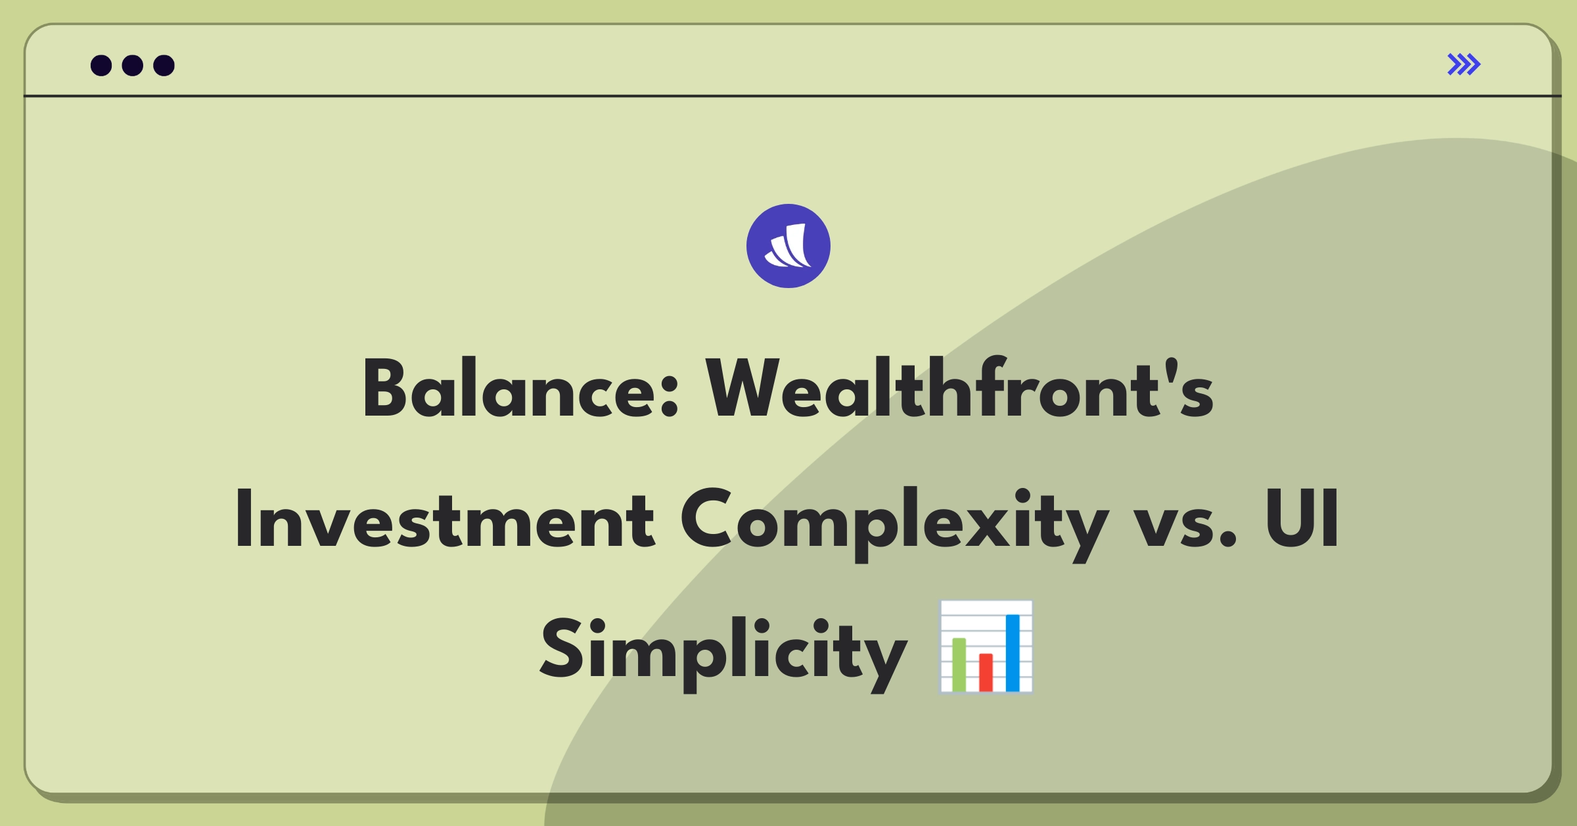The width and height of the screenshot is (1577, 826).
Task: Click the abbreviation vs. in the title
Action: [1186, 526]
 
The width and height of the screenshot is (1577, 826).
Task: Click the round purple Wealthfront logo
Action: [788, 246]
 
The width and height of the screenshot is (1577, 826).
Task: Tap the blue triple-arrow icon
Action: [1464, 64]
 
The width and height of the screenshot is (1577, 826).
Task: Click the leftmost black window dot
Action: [101, 65]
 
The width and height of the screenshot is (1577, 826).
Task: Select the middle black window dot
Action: [133, 65]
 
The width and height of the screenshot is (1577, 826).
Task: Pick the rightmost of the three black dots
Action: [164, 65]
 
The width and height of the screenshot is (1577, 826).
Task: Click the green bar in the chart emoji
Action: [959, 664]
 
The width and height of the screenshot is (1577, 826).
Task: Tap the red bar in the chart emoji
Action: [986, 672]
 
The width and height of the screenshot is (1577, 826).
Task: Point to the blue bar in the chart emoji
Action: [1013, 653]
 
